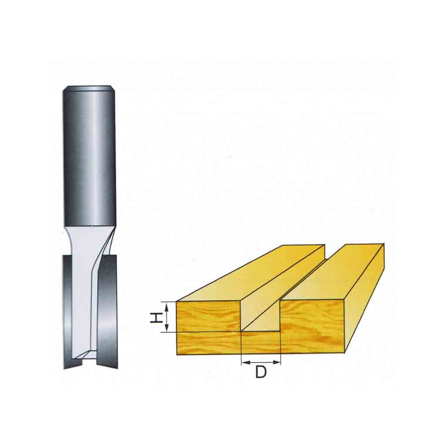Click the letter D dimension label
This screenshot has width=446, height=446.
260,372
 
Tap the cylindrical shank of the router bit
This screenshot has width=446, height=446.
89,156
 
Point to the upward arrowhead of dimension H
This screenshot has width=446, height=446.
167,306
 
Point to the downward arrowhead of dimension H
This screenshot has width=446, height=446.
167,328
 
